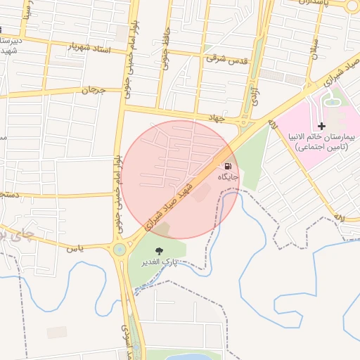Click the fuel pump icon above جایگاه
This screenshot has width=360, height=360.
[226, 165]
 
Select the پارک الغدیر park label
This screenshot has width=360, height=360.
[160, 262]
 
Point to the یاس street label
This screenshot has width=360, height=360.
[75, 249]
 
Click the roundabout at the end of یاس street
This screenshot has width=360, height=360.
[120, 249]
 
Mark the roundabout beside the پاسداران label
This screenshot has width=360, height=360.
[352, 6]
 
